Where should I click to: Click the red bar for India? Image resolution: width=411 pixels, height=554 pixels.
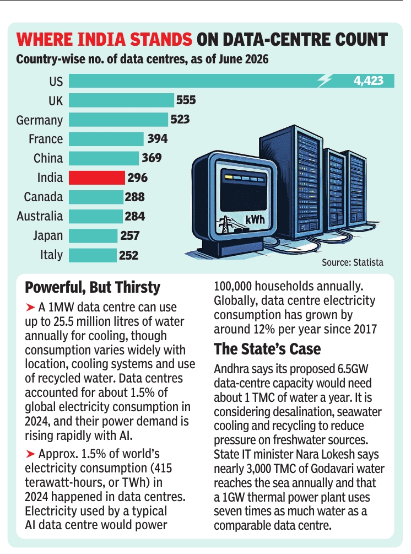pyautogui.click(x=97, y=178)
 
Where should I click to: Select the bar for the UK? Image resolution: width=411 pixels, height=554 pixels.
pyautogui.click(x=121, y=100)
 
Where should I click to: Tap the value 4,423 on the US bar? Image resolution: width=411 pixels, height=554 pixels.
pyautogui.click(x=368, y=81)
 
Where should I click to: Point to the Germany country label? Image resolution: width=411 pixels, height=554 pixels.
pyautogui.click(x=40, y=120)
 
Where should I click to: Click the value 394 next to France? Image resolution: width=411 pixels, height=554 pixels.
pyautogui.click(x=158, y=138)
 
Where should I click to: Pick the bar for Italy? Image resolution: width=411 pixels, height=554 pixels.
pyautogui.click(x=93, y=255)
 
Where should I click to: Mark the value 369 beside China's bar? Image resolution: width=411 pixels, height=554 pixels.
pyautogui.click(x=152, y=158)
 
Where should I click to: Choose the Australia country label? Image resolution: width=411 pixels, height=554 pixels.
pyautogui.click(x=40, y=216)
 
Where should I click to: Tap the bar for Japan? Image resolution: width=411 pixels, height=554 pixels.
pyautogui.click(x=93, y=236)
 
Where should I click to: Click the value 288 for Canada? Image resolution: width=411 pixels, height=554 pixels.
pyautogui.click(x=134, y=197)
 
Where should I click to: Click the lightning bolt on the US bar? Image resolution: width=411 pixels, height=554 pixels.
pyautogui.click(x=324, y=81)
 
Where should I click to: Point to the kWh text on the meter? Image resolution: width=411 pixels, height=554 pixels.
pyautogui.click(x=255, y=220)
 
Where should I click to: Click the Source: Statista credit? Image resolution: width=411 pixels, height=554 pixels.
pyautogui.click(x=353, y=262)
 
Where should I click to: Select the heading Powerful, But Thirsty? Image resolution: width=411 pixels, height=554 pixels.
pyautogui.click(x=93, y=288)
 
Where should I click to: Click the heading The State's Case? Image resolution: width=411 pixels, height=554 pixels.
pyautogui.click(x=267, y=349)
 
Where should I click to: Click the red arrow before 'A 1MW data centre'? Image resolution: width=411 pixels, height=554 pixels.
pyautogui.click(x=30, y=308)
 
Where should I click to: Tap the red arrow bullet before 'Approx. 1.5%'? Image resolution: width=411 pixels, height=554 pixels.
pyautogui.click(x=30, y=454)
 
